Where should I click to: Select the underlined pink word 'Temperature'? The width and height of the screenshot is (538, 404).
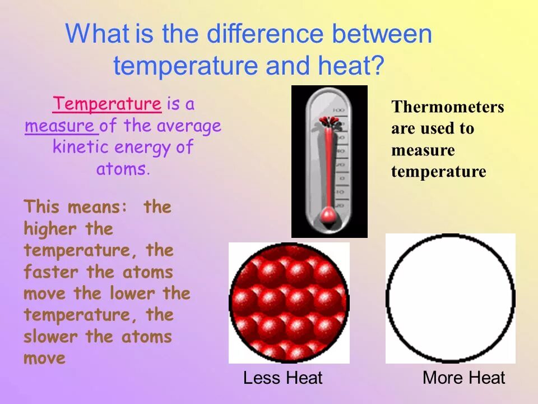point(107,104)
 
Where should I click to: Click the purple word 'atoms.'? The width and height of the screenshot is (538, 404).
point(123,169)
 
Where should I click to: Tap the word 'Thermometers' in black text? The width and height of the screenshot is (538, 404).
point(447,107)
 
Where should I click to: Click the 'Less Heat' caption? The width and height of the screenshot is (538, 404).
point(282,378)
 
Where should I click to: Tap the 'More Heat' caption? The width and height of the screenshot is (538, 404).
point(463,378)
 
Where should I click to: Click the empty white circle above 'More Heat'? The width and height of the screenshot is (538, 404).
point(450,298)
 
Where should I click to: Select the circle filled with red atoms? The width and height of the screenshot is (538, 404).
point(289,302)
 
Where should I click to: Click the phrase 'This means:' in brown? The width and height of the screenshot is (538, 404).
point(75,207)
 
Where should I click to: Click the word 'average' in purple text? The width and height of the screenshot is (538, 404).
point(189,126)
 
